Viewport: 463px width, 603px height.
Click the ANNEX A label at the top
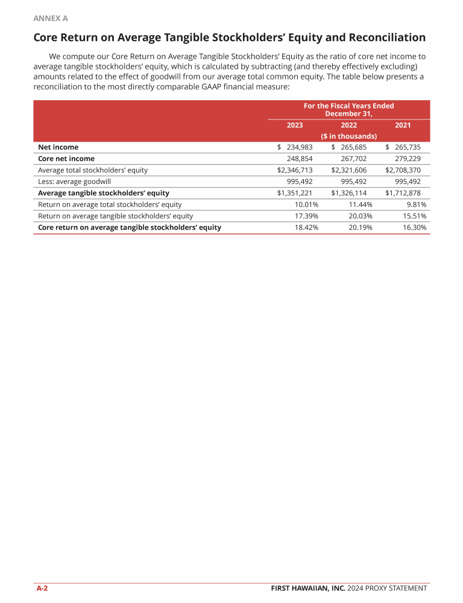coord(51,19)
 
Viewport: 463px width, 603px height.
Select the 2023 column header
coord(294,125)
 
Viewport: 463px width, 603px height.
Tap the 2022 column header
coord(348,125)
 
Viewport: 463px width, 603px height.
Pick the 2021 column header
coord(403,125)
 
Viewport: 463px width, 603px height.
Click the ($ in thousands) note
coord(348,136)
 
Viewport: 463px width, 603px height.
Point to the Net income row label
coord(58,147)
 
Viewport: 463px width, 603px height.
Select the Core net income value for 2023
coord(299,159)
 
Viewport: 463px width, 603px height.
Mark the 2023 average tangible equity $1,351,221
coord(295,193)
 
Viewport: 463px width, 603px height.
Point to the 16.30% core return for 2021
coord(415,227)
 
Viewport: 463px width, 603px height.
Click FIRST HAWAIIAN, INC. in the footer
coord(307,589)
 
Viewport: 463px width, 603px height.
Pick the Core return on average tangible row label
coord(129,227)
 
